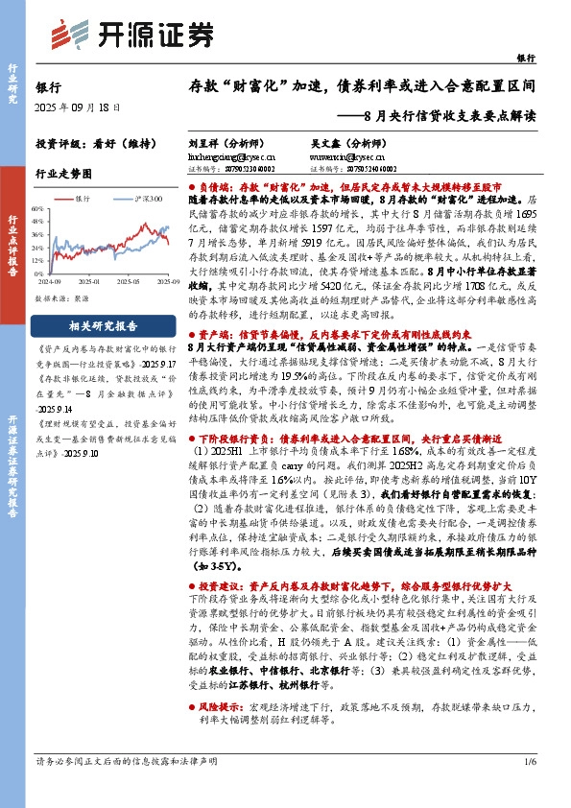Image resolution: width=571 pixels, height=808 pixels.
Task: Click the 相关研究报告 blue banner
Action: coord(107,325)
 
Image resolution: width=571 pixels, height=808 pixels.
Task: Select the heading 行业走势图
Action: coord(63,174)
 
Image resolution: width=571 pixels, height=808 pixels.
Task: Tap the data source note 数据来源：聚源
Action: coord(61,298)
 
